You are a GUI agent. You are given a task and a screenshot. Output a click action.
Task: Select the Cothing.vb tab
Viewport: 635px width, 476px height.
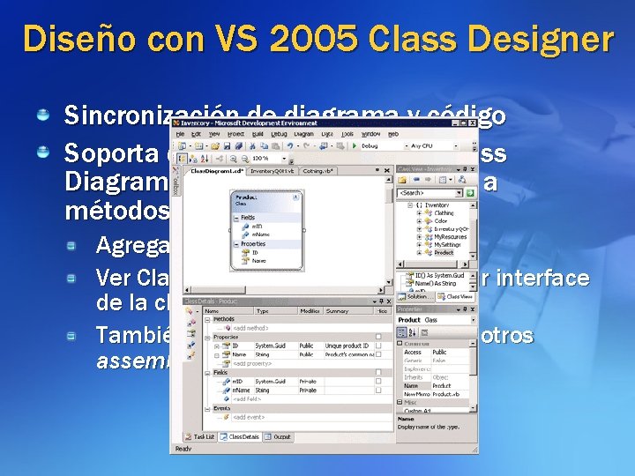tap(317, 171)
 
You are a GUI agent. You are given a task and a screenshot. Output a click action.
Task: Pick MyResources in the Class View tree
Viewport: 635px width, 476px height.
tap(450, 237)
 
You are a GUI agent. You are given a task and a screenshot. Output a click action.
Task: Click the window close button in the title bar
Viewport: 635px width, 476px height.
tap(473, 123)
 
